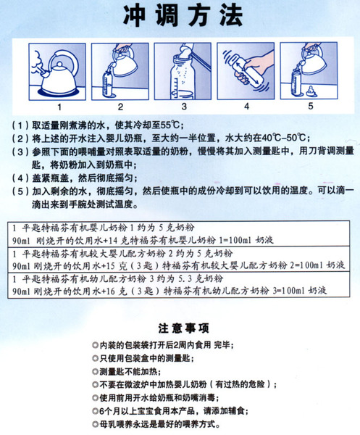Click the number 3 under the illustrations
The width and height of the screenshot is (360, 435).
[184, 106]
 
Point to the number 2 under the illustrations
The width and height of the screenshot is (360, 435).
[122, 106]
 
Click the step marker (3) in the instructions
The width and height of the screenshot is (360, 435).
[21, 153]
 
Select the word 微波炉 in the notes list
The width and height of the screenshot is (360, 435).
[141, 384]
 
